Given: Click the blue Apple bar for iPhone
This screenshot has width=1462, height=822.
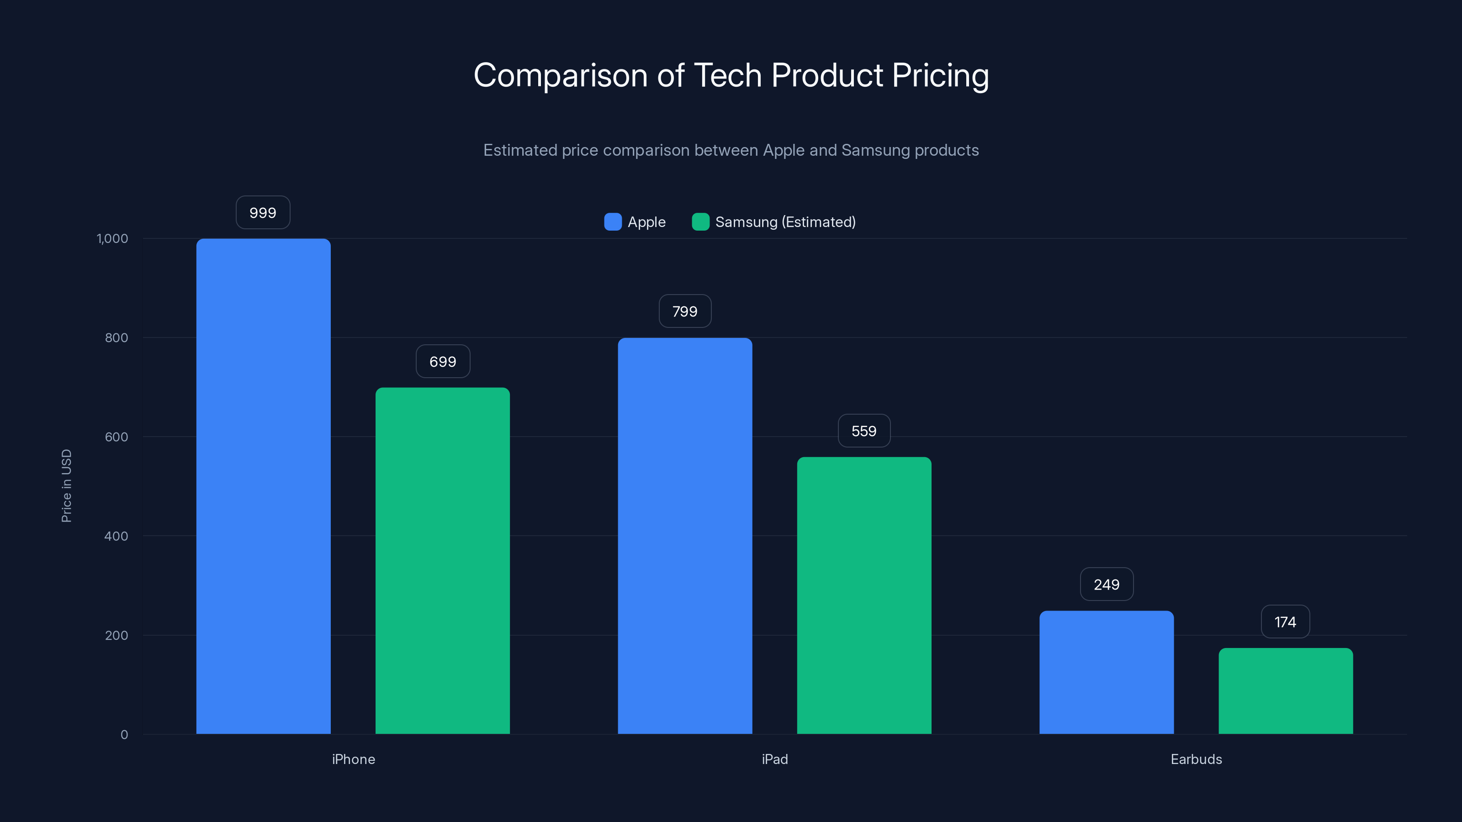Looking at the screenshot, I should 263,486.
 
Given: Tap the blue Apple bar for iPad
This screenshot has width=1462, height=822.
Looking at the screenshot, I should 684,536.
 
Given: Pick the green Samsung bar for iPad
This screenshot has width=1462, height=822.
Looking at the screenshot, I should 864,595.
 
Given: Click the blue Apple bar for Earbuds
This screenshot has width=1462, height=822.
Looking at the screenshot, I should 1106,672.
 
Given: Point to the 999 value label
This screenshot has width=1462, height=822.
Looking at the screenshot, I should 263,213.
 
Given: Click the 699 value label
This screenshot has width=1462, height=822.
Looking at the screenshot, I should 443,361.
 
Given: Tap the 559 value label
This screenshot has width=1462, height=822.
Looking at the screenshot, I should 864,431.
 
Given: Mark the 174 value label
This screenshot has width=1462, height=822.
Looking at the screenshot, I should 1285,622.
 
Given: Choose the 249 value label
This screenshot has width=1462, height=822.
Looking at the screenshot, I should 1106,585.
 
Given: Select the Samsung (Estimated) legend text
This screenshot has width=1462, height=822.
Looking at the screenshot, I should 785,222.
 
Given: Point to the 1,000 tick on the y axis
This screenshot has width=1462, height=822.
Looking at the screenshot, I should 112,238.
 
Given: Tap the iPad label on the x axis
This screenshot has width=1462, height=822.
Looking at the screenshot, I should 775,759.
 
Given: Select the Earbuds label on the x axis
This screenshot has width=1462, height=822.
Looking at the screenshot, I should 1196,759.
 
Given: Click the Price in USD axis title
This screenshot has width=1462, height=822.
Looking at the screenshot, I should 66,485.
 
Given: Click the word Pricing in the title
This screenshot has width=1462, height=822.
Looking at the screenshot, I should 940,75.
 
